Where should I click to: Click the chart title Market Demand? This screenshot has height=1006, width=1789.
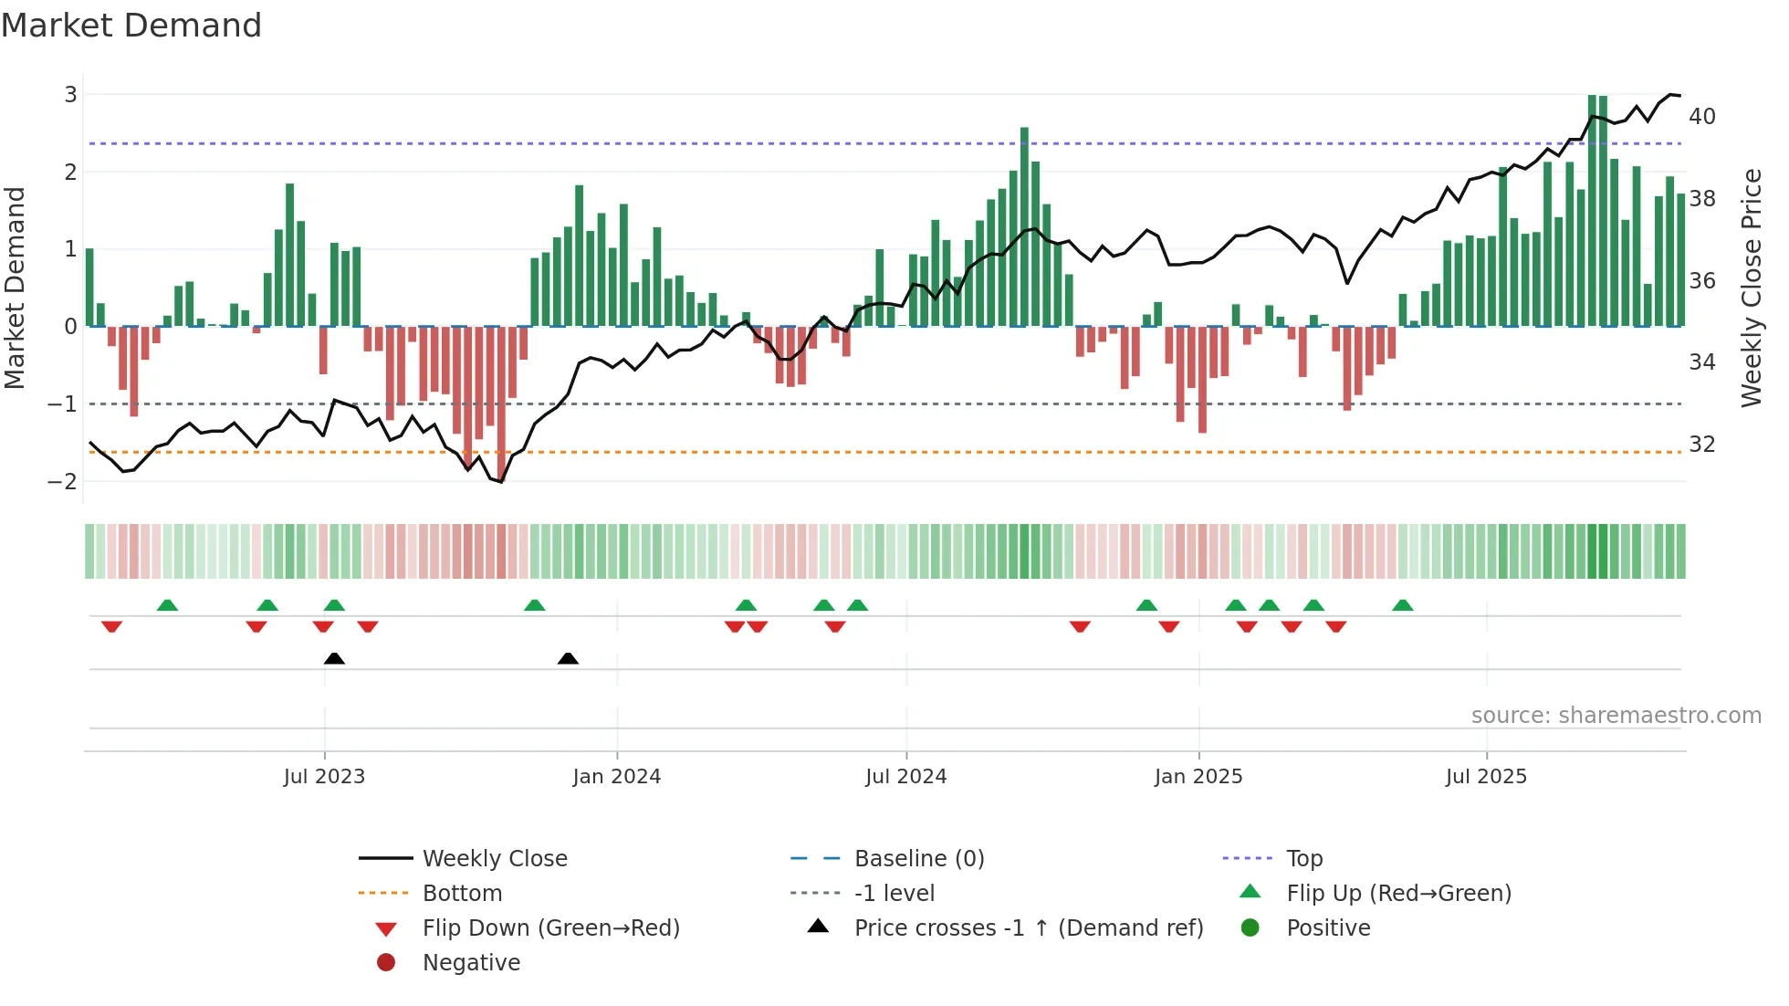pyautogui.click(x=131, y=26)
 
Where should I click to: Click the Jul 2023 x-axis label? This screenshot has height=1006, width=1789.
pyautogui.click(x=324, y=777)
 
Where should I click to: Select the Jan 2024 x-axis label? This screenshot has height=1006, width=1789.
pyautogui.click(x=616, y=777)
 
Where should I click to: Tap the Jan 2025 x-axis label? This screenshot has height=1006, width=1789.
pyautogui.click(x=1198, y=777)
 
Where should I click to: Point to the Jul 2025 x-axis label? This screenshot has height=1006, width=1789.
pyautogui.click(x=1486, y=777)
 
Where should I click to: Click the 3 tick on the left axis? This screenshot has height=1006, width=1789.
pyautogui.click(x=70, y=95)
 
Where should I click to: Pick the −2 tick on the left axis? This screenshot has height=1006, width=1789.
pyautogui.click(x=63, y=482)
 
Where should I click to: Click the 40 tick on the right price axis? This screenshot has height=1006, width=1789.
pyautogui.click(x=1701, y=117)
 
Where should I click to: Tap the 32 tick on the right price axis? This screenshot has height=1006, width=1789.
pyautogui.click(x=1701, y=445)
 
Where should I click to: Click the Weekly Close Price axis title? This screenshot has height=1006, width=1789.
pyautogui.click(x=1751, y=288)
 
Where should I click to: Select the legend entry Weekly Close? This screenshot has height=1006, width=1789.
pyautogui.click(x=495, y=859)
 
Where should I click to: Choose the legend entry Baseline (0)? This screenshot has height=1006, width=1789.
pyautogui.click(x=918, y=859)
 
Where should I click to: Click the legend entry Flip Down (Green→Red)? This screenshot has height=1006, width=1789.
pyautogui.click(x=550, y=928)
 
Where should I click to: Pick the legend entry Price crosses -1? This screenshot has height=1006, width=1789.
pyautogui.click(x=1028, y=928)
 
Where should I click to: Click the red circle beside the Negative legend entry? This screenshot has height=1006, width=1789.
pyautogui.click(x=386, y=963)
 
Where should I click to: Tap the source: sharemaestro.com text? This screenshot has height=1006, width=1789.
pyautogui.click(x=1616, y=716)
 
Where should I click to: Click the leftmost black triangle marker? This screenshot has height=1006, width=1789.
pyautogui.click(x=334, y=658)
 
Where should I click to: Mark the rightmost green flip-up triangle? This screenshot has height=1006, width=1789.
pyautogui.click(x=1403, y=605)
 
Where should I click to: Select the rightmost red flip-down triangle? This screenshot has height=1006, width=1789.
pyautogui.click(x=1336, y=626)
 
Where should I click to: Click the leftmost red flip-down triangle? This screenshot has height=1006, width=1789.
pyautogui.click(x=111, y=626)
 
